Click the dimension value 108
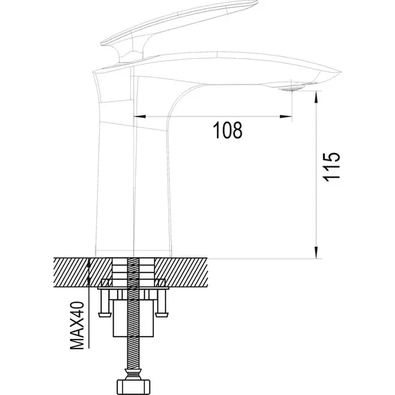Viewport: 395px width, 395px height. [228, 130]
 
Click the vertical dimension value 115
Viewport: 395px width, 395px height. [331, 167]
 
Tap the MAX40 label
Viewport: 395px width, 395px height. [77, 326]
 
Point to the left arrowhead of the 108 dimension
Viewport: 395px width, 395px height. [139, 116]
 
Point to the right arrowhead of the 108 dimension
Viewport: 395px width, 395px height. [286, 116]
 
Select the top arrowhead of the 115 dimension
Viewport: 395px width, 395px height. [317, 97]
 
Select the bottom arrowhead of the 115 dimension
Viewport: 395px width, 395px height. [317, 252]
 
